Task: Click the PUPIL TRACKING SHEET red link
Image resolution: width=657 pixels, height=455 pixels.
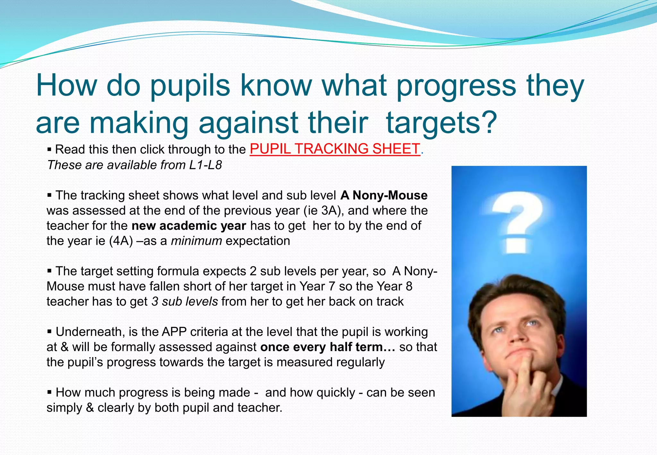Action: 335,149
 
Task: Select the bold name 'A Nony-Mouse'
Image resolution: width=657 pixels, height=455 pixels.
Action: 384,195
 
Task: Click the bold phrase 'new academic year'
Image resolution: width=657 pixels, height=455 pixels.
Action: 189,226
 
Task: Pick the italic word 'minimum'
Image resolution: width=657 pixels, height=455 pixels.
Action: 196,241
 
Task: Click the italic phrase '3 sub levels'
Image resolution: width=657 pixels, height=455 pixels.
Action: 185,302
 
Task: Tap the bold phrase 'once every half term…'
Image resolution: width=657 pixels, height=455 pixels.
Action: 328,347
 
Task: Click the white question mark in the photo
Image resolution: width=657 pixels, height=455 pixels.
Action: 516,221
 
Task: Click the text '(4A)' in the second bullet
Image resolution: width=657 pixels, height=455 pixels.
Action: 121,241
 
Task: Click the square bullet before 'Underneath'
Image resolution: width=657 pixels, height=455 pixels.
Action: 49,331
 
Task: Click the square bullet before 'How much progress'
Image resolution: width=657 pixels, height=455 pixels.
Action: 49,392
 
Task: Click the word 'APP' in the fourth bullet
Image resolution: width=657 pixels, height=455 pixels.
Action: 174,332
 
